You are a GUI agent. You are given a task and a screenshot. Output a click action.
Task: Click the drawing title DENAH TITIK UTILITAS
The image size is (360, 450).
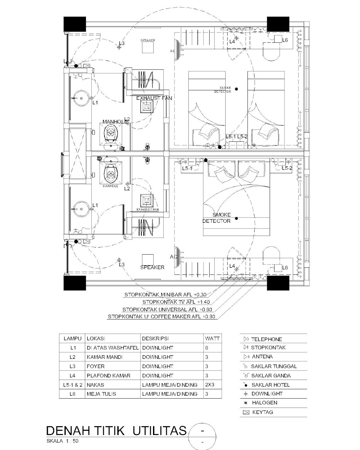pos(116,431)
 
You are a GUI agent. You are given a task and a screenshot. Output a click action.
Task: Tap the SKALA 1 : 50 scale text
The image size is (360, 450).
pos(62,441)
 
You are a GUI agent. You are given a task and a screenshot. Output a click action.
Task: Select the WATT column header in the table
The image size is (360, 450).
pos(212,338)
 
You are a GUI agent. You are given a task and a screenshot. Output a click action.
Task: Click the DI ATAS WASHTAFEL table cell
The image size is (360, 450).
pos(113,348)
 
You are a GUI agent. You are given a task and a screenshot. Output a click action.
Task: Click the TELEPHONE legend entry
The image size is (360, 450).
pos(266,339)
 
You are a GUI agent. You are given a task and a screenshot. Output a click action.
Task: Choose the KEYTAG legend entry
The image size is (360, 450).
pos(262,412)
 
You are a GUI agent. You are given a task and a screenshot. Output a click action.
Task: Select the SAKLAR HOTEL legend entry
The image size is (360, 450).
pos(270,385)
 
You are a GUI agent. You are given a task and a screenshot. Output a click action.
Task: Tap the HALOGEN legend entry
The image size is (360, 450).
pos(264,402)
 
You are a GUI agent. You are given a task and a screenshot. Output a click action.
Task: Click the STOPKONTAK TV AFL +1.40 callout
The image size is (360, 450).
pos(176,302)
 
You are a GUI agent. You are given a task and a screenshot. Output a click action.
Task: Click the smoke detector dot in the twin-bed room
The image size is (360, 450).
pos(236,89)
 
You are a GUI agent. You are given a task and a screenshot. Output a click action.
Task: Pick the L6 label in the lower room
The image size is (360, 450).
pos(285,267)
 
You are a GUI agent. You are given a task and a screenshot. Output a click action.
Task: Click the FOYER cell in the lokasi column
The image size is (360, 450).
pos(95,366)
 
